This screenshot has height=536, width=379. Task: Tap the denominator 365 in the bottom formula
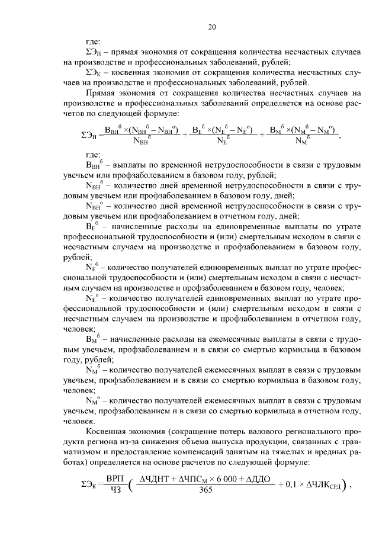coord(206,490)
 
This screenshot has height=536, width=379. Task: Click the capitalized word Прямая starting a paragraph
coord(100,93)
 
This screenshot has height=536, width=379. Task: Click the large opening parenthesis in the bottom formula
coord(130,484)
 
